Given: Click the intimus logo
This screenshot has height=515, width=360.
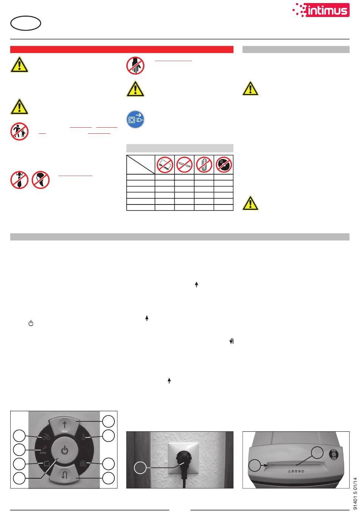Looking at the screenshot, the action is (x=321, y=10).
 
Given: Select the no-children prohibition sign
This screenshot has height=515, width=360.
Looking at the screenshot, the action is (x=19, y=131).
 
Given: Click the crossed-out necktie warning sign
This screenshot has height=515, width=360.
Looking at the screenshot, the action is (x=19, y=180).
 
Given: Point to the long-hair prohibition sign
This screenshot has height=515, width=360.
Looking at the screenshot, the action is (x=41, y=180).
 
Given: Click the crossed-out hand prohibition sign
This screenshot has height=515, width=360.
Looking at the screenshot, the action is (x=135, y=66).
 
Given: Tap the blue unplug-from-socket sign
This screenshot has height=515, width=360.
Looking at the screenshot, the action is (x=135, y=119).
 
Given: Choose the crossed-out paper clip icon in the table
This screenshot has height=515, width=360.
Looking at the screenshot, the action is (x=204, y=165).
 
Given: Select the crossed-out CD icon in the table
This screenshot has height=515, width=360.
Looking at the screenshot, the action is (x=224, y=165).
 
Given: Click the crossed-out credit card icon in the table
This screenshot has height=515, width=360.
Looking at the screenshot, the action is (x=165, y=165).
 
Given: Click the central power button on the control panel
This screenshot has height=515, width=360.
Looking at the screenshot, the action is (x=64, y=450).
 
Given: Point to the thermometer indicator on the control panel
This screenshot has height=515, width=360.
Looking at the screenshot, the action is (x=83, y=437).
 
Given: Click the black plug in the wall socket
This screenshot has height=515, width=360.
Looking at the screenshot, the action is (x=183, y=463).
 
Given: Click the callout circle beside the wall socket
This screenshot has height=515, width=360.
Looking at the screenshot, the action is (x=140, y=468).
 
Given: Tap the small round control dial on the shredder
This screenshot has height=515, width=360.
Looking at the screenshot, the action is (x=333, y=454).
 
